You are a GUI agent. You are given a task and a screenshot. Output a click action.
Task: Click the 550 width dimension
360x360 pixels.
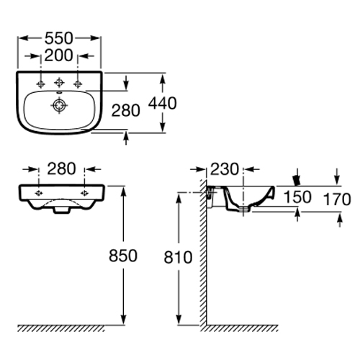point(58,38)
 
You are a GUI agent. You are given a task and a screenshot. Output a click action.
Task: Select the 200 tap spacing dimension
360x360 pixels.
point(58,55)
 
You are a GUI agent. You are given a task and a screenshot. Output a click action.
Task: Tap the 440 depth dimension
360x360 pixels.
point(163,104)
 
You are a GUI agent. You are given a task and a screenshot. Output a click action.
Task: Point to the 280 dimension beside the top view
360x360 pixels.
point(126,111)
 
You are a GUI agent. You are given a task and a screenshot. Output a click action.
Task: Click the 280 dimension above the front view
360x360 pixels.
point(61,169)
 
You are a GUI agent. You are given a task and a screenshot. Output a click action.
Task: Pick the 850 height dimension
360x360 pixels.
point(123,256)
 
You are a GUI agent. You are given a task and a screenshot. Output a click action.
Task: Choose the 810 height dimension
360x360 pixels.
point(178,257)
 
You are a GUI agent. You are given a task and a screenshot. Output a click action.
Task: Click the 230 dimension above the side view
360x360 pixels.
point(225,169)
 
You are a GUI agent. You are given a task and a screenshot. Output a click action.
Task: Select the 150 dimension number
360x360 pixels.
point(297,197)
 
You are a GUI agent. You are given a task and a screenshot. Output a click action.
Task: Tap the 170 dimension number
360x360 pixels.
point(337,199)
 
